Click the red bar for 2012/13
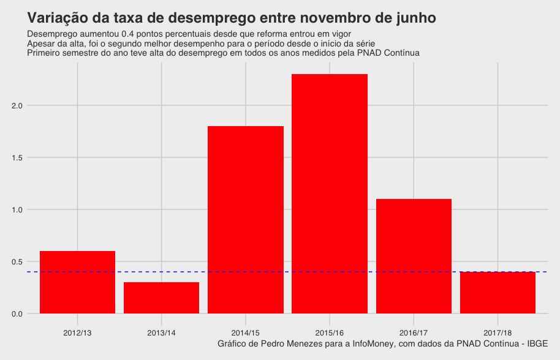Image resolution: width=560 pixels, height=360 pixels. pyautogui.click(x=77, y=282)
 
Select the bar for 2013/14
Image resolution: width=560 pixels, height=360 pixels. pyautogui.click(x=161, y=298)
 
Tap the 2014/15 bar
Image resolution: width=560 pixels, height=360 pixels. pyautogui.click(x=246, y=220)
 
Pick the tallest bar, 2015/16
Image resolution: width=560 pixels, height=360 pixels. pyautogui.click(x=330, y=194)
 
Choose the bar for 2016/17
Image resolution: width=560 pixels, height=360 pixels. pyautogui.click(x=414, y=257)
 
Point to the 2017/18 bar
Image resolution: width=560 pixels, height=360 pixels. pyautogui.click(x=498, y=293)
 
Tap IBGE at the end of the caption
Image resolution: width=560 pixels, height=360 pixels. pyautogui.click(x=537, y=344)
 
